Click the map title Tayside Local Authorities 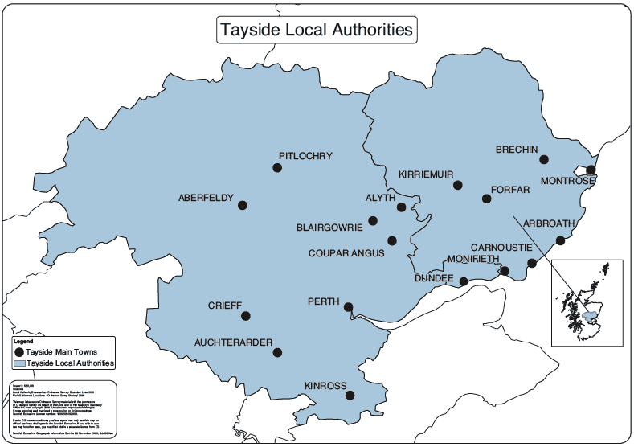point(317,30)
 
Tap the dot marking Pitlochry point(277,167)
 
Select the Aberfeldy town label point(206,198)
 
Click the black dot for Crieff point(246,315)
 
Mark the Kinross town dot point(350,395)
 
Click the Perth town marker point(348,306)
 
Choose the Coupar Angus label point(346,253)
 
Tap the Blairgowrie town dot point(372,220)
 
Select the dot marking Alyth point(401,207)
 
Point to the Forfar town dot point(485,199)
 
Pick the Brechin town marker point(543,159)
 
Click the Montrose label point(567,181)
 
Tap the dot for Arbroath point(560,240)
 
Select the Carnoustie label point(500,247)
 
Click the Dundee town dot point(463,281)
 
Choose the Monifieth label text point(472,260)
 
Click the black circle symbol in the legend point(18,351)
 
